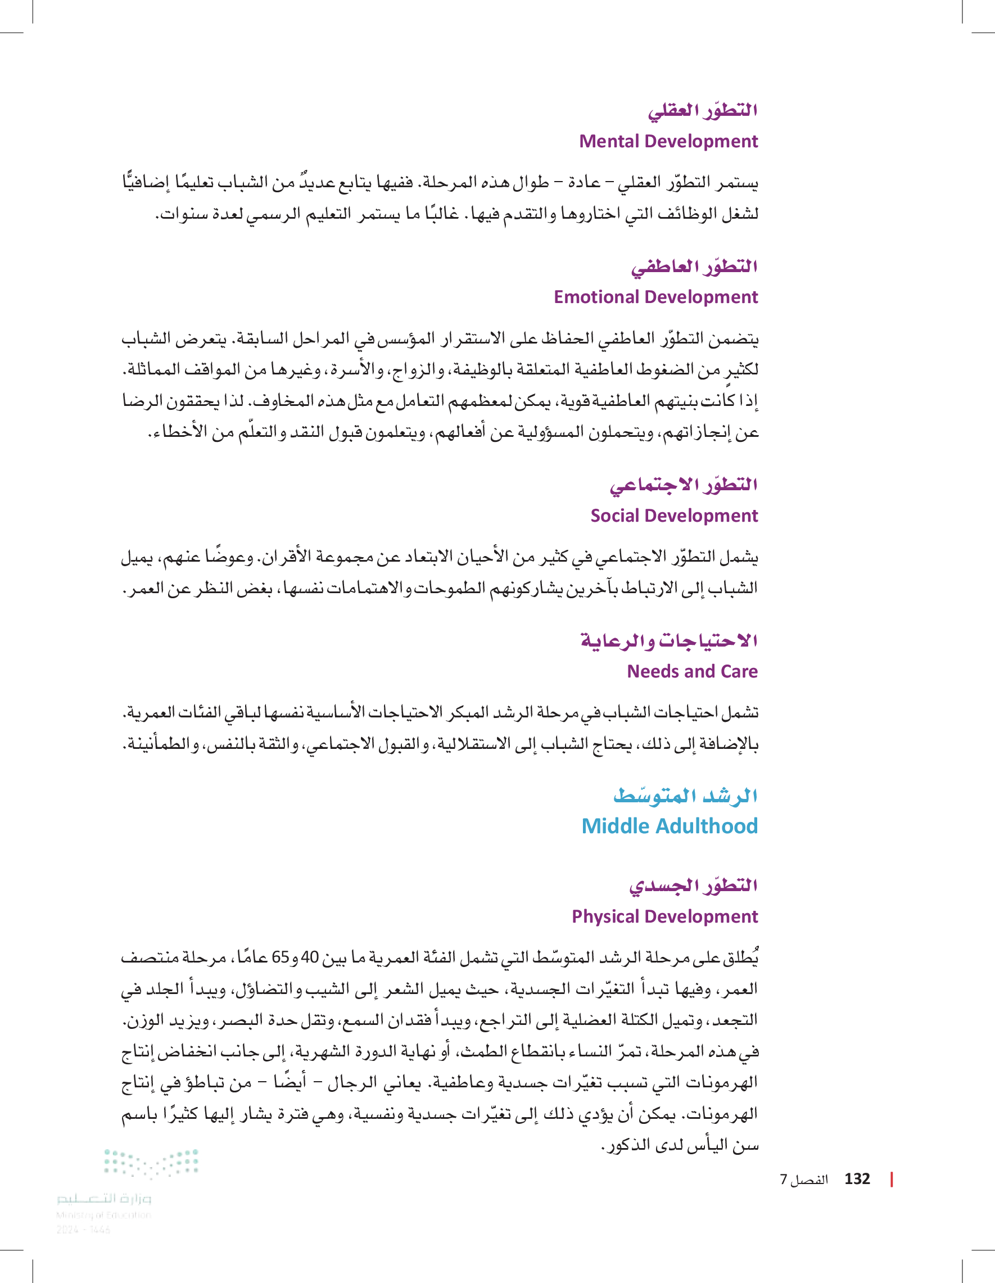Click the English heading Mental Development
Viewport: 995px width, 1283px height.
(668, 142)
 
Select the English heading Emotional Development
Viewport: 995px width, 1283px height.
(655, 297)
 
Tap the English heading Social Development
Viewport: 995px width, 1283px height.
(673, 516)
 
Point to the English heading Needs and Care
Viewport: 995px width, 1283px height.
(692, 671)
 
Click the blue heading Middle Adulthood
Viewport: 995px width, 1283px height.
(669, 826)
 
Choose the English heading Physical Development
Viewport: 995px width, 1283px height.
(664, 916)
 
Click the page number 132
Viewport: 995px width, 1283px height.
(857, 1179)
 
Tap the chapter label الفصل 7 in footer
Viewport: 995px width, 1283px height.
(803, 1180)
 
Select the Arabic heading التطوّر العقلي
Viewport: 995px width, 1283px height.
(703, 111)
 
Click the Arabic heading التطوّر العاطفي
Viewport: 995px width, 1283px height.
(694, 267)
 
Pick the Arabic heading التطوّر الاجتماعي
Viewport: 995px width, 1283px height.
(683, 486)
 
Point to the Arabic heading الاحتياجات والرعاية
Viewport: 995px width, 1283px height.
(669, 641)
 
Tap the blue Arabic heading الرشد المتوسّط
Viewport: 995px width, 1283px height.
(685, 796)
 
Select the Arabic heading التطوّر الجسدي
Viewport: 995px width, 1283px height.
(693, 886)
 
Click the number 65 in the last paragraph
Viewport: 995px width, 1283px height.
(279, 957)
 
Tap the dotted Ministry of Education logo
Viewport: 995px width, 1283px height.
(151, 1163)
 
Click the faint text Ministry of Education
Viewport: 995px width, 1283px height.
(103, 1215)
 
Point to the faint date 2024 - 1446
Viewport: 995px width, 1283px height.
(83, 1230)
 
